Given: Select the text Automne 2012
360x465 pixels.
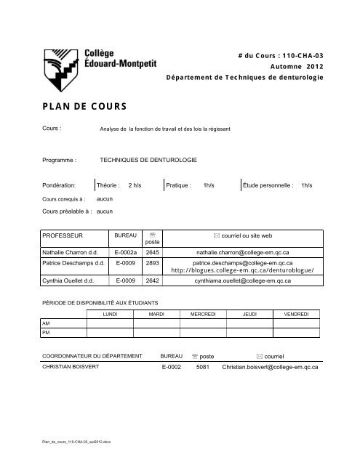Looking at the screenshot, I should point(297,65).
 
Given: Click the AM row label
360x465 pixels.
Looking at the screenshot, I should point(47,323).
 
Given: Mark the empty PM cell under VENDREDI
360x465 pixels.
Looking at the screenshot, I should point(295,333).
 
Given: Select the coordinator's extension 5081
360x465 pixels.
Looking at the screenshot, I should point(204,368).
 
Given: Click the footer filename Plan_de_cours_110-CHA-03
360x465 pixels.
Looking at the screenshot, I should point(76,441).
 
